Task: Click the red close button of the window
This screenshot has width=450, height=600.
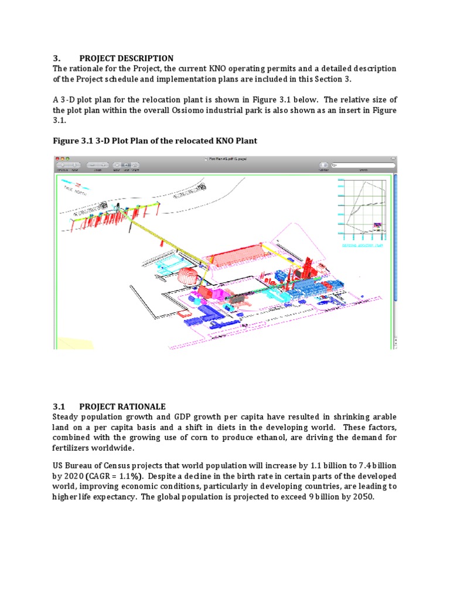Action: (x=57, y=159)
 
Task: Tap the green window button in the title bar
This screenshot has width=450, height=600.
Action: (x=67, y=159)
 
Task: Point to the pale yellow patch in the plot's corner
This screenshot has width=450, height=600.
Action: (x=73, y=341)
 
